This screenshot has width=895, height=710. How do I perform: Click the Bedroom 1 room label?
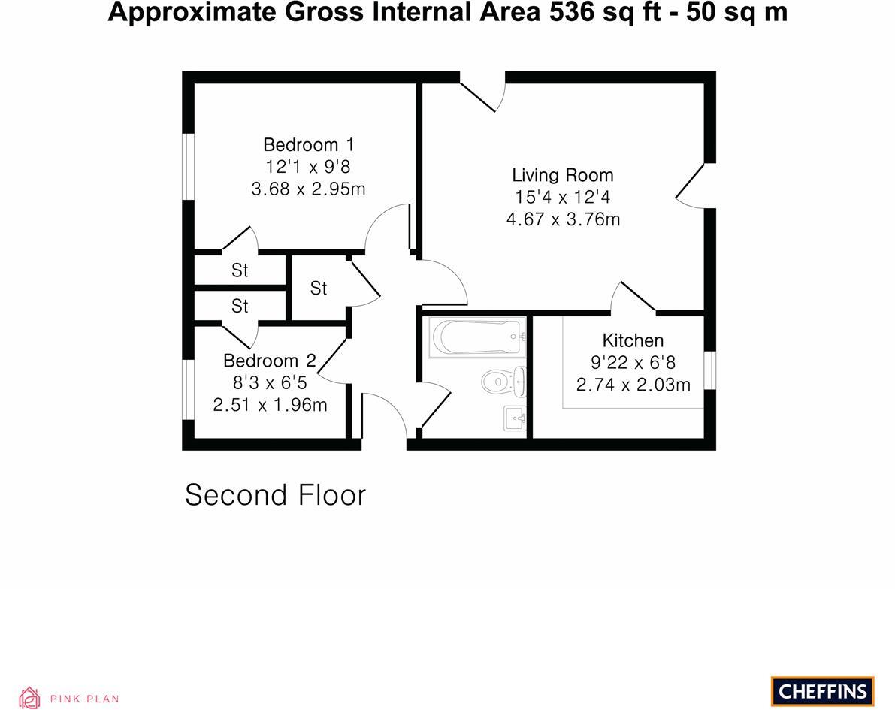click(x=308, y=144)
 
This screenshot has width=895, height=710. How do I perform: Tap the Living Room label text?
click(x=563, y=175)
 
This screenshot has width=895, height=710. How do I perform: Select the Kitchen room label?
click(x=633, y=340)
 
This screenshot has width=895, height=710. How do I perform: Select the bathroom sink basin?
click(x=514, y=418)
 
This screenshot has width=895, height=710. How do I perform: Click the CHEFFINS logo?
click(x=822, y=691)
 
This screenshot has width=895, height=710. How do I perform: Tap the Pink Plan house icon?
click(x=29, y=698)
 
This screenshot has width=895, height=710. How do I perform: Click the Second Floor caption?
click(x=275, y=495)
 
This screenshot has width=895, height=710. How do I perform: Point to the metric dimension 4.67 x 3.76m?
click(x=563, y=219)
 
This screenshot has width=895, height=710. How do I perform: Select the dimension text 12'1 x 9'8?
click(x=308, y=167)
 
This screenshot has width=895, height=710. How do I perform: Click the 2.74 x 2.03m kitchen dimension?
click(x=633, y=385)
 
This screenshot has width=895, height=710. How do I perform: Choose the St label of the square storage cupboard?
click(x=319, y=289)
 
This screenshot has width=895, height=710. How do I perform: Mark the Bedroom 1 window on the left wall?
click(x=189, y=166)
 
